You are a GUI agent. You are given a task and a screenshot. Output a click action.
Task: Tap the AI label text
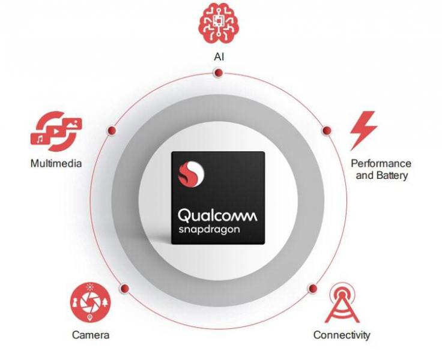[219, 57]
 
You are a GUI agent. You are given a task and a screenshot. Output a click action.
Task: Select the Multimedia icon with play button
[56, 131]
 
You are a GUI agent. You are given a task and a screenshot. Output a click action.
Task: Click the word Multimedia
[56, 163]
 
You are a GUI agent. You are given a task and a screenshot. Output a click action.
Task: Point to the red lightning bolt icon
[364, 131]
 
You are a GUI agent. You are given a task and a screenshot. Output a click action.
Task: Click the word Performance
[381, 163]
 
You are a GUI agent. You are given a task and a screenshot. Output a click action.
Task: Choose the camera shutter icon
[91, 302]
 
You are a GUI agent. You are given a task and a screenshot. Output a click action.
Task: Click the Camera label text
[91, 335]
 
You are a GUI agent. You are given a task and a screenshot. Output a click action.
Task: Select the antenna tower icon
[342, 303]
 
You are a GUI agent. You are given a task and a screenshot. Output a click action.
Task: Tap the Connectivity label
[342, 335]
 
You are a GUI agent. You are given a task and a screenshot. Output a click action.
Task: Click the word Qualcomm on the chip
[217, 216]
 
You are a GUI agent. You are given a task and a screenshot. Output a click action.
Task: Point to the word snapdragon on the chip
[209, 230]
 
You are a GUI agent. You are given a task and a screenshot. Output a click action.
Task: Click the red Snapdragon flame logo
[191, 174]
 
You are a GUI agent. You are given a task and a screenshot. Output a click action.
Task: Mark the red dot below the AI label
[218, 73]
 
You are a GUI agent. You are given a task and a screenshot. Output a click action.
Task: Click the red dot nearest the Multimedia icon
[112, 130]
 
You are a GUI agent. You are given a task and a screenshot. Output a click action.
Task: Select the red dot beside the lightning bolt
[327, 130]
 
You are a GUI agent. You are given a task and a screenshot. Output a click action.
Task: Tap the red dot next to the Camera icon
[124, 289]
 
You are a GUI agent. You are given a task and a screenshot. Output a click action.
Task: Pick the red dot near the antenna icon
[313, 288]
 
